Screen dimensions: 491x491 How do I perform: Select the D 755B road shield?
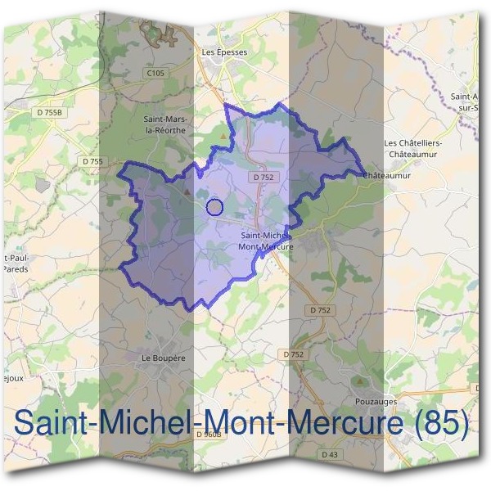[50, 111]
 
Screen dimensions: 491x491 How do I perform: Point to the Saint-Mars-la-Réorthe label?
[165, 124]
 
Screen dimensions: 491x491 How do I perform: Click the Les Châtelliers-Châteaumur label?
[414, 148]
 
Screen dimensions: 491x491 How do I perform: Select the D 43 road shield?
[330, 454]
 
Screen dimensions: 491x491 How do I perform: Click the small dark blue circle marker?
[214, 207]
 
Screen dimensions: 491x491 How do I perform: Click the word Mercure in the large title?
[339, 423]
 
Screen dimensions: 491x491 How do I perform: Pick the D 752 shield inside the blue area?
[263, 177]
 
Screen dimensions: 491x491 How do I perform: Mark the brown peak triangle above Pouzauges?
[361, 381]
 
